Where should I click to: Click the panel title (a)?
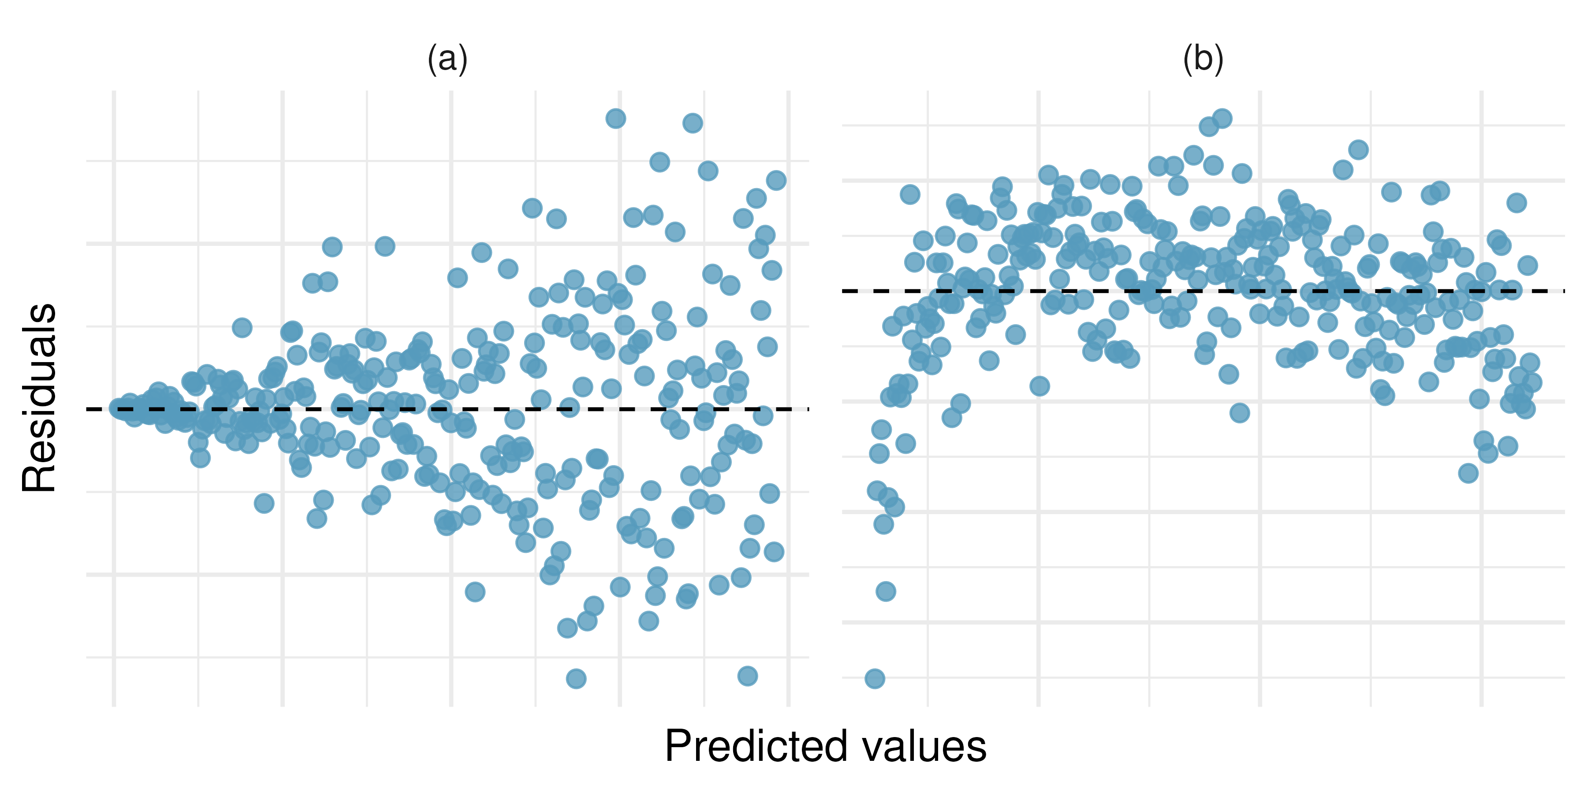[448, 60]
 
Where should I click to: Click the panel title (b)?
[1203, 60]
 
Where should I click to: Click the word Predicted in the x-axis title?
[756, 747]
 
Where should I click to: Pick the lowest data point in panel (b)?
[875, 678]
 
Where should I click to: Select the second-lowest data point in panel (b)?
[885, 592]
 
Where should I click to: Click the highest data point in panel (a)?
[615, 118]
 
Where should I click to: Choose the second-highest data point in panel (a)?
[693, 123]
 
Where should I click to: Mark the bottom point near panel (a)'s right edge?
[747, 675]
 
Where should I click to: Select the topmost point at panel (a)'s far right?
[775, 180]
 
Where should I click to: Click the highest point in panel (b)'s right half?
[1359, 150]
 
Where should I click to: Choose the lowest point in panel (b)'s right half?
[1468, 473]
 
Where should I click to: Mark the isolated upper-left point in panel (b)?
[910, 195]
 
